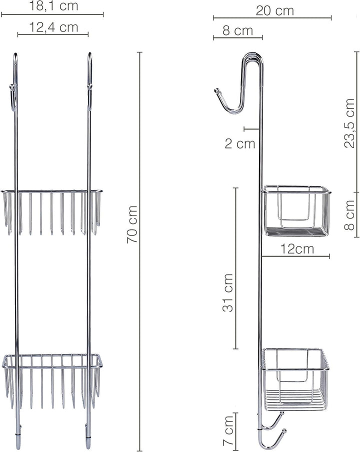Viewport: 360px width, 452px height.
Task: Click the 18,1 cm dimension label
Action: (x=53, y=6)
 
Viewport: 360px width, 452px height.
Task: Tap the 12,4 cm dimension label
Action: (x=53, y=27)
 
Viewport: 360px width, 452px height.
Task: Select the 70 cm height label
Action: (x=132, y=224)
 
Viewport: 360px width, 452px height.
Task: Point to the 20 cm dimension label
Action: (x=274, y=11)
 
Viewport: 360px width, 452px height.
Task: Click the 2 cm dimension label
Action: (x=240, y=143)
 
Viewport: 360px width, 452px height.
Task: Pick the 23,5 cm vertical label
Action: (x=349, y=123)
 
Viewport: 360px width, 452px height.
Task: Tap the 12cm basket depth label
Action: (x=297, y=249)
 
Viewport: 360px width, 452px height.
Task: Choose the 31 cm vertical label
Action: (x=227, y=292)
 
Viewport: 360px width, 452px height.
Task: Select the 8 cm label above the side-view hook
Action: (x=238, y=30)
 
